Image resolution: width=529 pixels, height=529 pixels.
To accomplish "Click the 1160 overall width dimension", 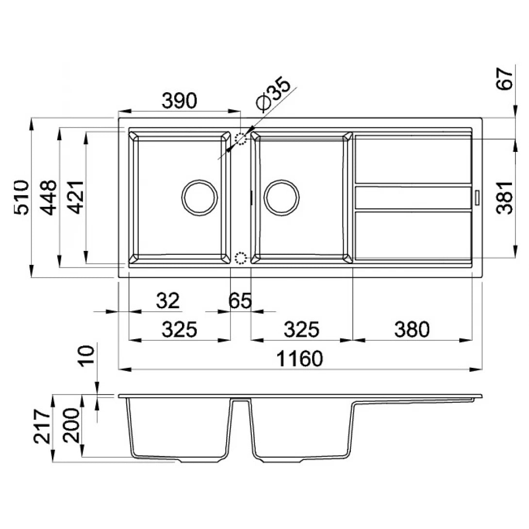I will click(299, 359).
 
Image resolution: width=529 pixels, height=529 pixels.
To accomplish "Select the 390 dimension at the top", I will click(179, 100).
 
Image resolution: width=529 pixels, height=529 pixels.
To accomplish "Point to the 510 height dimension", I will click(22, 197).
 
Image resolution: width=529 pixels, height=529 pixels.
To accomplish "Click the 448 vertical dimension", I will click(49, 197).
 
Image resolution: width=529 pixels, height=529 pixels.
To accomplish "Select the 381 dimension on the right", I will click(505, 197).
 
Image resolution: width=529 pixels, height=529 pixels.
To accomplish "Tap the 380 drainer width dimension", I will click(412, 330).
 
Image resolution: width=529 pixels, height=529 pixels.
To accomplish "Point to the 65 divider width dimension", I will click(240, 301).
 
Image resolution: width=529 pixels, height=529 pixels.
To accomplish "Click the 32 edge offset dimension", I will click(168, 301).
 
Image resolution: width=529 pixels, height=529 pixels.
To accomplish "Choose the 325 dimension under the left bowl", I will click(179, 330).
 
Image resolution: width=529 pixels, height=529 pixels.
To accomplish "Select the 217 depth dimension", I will click(43, 427).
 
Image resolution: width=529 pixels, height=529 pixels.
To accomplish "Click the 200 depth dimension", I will click(71, 425).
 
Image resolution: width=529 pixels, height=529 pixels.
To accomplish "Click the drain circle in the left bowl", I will click(198, 198).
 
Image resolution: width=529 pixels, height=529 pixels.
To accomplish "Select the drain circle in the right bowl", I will click(282, 198).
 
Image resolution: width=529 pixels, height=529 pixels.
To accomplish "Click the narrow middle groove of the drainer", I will click(413, 198).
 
